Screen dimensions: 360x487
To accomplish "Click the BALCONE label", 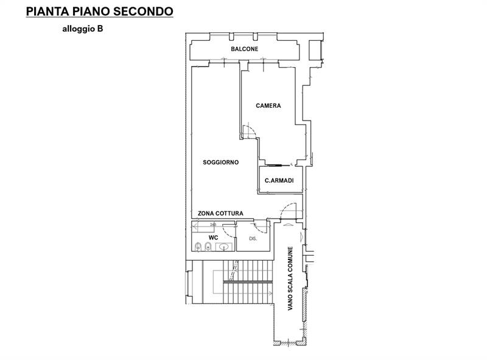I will [x=245, y=49].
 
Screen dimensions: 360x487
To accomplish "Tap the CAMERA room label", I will [x=268, y=105].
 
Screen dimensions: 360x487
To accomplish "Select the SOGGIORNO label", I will [x=220, y=162].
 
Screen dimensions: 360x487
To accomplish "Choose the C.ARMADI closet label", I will [x=280, y=180].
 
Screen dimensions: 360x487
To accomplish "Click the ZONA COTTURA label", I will [x=220, y=213].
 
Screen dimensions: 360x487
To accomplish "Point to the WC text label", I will [x=213, y=237].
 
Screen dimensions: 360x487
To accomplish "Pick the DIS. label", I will [x=253, y=239].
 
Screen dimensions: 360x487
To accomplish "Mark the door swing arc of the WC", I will [x=228, y=230].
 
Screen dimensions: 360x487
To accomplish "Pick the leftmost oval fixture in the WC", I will [x=198, y=246].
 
